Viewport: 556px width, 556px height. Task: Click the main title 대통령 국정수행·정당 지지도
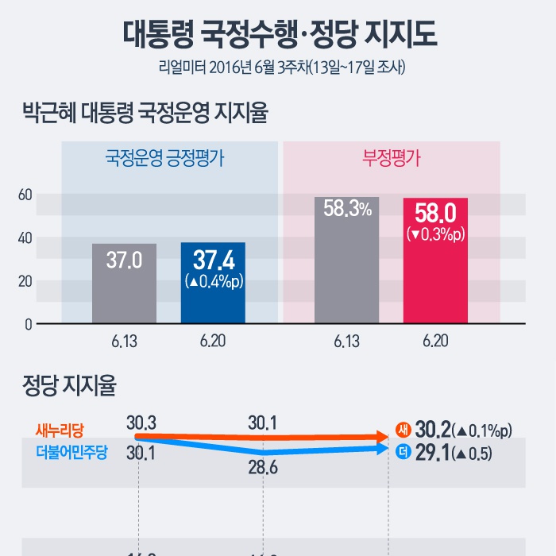(278, 35)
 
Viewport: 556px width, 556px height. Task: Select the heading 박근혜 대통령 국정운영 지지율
(145, 112)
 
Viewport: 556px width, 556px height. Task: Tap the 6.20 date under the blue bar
(213, 342)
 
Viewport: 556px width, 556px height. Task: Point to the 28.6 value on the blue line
(262, 468)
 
